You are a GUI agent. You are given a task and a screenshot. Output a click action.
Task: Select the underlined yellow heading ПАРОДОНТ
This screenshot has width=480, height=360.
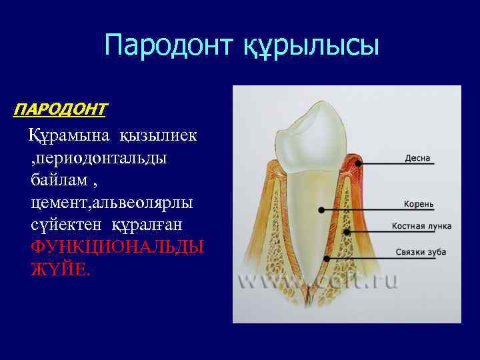[x=60, y=107]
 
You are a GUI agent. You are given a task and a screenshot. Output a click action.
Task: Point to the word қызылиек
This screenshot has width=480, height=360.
[x=159, y=136]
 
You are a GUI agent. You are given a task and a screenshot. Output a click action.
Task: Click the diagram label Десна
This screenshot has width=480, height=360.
[x=418, y=159]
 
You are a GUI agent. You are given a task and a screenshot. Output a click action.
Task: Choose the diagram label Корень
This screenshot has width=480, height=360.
[x=419, y=203]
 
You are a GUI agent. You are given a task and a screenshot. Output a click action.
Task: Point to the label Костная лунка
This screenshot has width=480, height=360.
[x=421, y=226]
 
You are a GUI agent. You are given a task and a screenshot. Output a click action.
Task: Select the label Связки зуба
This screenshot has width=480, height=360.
[x=421, y=251]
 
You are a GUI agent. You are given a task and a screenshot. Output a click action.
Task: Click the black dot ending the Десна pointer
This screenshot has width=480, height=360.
[x=359, y=162]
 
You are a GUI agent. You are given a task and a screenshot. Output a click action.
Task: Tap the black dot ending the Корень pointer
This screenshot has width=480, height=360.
[x=321, y=209]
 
